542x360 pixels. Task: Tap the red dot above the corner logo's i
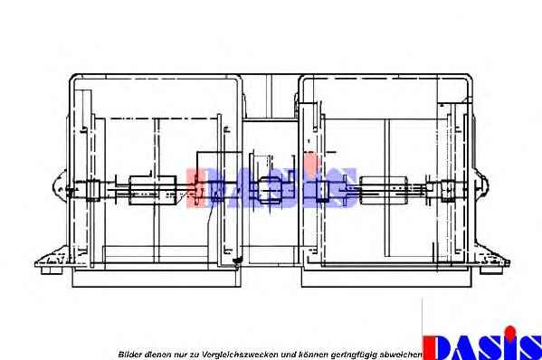(510, 331)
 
